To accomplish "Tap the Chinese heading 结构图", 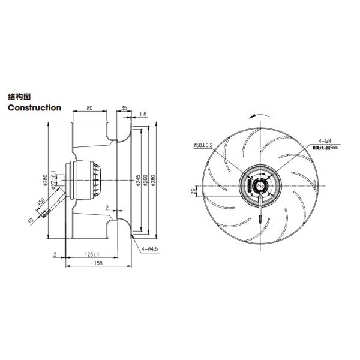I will (x=19, y=96).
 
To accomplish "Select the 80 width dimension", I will (x=89, y=109).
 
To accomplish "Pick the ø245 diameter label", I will (x=137, y=179).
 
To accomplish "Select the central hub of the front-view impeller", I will (x=259, y=184).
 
